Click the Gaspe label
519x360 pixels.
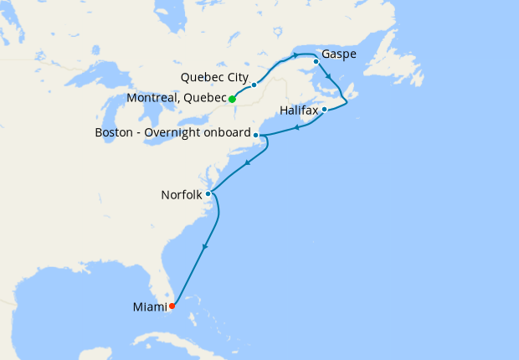(x=339, y=55)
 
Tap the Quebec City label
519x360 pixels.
(x=213, y=78)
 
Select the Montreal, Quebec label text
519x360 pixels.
(x=177, y=99)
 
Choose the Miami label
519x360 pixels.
(x=149, y=307)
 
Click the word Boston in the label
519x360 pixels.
(x=115, y=133)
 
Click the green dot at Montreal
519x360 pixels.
(x=232, y=99)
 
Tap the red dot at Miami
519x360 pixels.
(x=172, y=306)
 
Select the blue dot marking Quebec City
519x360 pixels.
(x=254, y=85)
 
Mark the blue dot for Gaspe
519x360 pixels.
(x=316, y=61)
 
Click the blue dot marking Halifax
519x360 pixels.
(x=324, y=110)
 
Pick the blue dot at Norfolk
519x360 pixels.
(x=208, y=193)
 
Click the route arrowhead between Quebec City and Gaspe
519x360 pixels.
(x=296, y=55)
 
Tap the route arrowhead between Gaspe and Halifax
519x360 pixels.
(x=329, y=78)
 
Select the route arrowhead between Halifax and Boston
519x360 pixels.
(x=297, y=128)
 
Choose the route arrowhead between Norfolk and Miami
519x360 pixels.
(x=204, y=247)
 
